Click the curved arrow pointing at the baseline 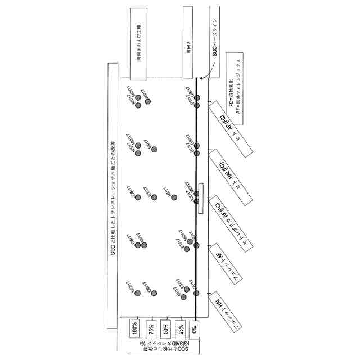tap(206, 74)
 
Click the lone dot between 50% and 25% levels tap(174, 197)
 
